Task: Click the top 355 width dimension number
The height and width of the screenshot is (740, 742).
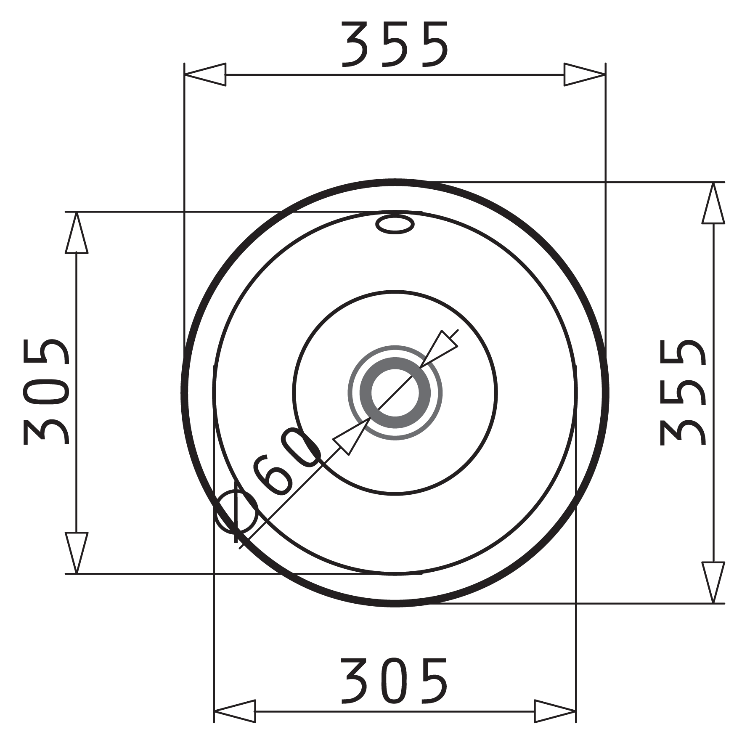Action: pyautogui.click(x=395, y=45)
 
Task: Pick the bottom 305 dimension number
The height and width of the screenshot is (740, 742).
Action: pyautogui.click(x=395, y=681)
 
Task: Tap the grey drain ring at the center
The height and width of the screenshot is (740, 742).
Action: pyautogui.click(x=395, y=393)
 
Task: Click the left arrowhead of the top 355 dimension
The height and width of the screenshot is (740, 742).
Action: pyautogui.click(x=205, y=75)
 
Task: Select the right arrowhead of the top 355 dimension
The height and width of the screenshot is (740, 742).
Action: pyautogui.click(x=585, y=75)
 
